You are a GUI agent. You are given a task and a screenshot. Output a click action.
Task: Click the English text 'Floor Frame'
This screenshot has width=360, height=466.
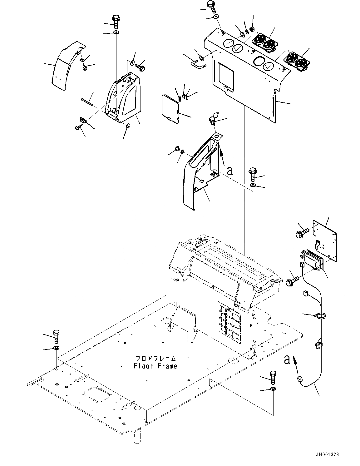click(155, 366)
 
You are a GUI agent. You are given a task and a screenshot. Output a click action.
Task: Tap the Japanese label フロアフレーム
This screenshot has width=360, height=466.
click(155, 358)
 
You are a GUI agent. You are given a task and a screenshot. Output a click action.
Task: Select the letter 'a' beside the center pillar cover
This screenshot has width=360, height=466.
click(230, 170)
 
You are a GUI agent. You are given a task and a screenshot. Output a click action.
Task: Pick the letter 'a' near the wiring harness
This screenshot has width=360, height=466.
click(287, 360)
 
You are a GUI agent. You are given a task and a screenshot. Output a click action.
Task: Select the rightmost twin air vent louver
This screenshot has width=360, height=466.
click(296, 61)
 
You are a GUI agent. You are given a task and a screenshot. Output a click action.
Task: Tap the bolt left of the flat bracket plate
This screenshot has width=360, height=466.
click(301, 231)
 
